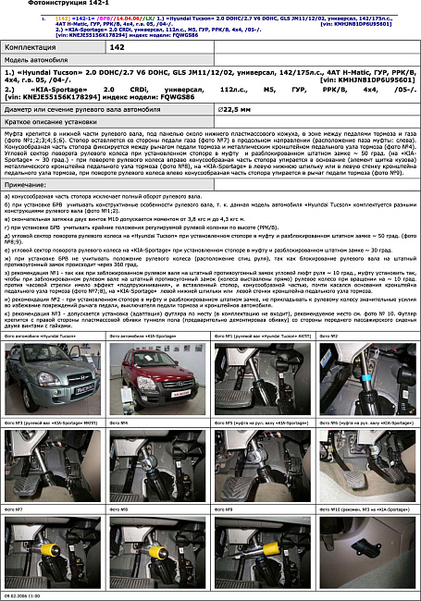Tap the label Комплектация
coord(36,45)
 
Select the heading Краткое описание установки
coord(53,121)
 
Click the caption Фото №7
coord(18,507)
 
